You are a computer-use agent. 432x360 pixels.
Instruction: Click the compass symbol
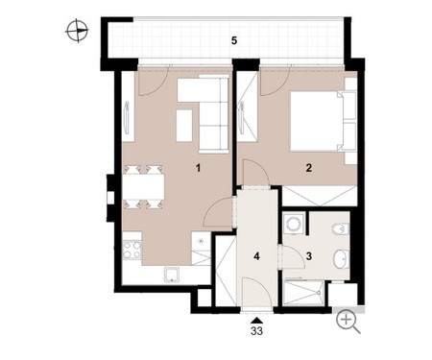pos(77,31)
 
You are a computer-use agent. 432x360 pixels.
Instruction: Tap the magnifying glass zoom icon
pos(348,322)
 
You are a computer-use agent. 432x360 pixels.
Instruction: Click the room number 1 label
pos(198,167)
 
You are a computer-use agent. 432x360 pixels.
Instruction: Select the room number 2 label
pos(308,167)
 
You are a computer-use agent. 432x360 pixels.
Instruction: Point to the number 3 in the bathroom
pos(309,256)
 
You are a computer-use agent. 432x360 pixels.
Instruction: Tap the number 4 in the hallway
pos(256,256)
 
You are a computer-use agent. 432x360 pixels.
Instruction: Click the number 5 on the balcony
pos(234,41)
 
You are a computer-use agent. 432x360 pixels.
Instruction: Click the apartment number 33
pos(256,331)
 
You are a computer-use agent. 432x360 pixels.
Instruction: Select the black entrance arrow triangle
pos(256,321)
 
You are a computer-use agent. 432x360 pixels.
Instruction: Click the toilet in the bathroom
pos(340,229)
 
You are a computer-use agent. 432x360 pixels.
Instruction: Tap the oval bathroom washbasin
pos(340,258)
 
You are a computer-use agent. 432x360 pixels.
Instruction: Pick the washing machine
pos(294,223)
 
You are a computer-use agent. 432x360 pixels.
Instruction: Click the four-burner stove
pos(132,250)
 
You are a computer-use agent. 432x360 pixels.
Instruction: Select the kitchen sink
pos(172,275)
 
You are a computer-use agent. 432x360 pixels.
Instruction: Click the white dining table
pos(144,186)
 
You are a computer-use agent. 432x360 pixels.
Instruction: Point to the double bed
pos(323,121)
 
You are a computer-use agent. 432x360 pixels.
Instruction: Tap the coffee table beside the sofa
pos(184,125)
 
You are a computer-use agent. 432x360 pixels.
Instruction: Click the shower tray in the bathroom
pos(303,293)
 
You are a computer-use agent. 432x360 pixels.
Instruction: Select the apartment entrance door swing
pos(256,293)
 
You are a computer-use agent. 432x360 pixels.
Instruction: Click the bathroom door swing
pos(294,257)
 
